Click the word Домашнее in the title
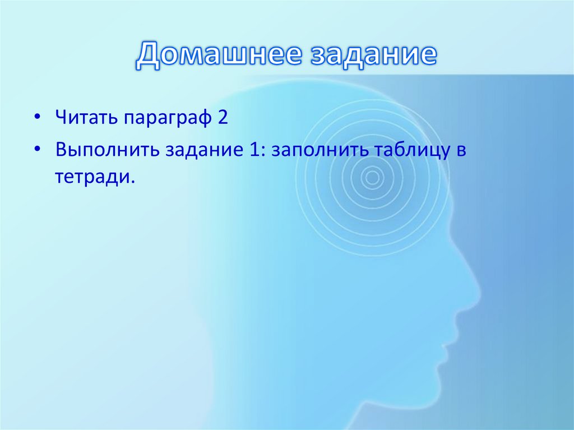tap(213, 56)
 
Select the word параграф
tap(168, 121)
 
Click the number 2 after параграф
tap(223, 119)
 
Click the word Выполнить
tap(106, 151)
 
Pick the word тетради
tap(95, 179)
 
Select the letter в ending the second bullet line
tap(461, 152)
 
